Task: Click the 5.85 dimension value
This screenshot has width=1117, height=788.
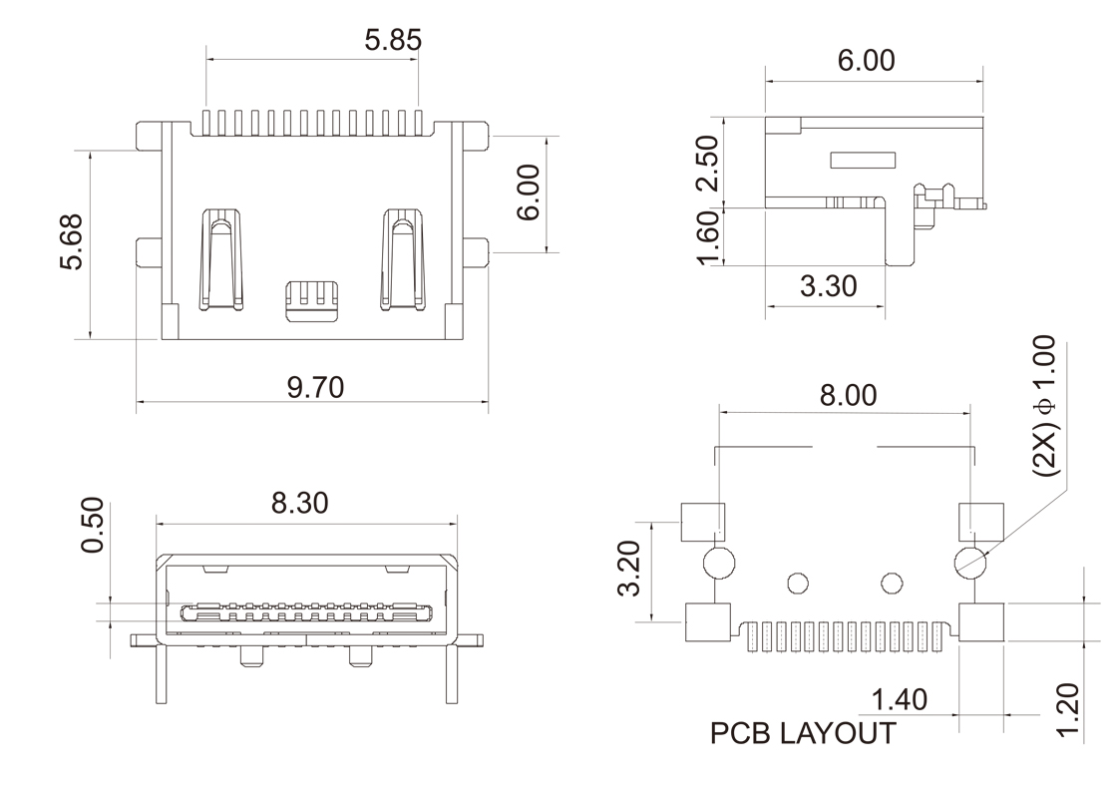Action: click(x=393, y=40)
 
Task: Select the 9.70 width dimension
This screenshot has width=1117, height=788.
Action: click(x=316, y=386)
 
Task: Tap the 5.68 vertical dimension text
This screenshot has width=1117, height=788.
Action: click(x=73, y=241)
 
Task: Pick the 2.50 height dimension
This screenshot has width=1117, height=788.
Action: click(x=707, y=163)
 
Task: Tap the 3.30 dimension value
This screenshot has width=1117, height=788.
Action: click(x=828, y=286)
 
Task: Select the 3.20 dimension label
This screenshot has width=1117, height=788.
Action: click(x=629, y=570)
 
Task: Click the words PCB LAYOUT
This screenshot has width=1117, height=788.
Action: click(x=802, y=734)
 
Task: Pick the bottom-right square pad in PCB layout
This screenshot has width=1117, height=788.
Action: click(x=981, y=622)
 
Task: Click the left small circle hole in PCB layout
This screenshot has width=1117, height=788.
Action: click(x=798, y=582)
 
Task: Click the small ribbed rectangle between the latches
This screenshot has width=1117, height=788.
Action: click(x=312, y=299)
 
